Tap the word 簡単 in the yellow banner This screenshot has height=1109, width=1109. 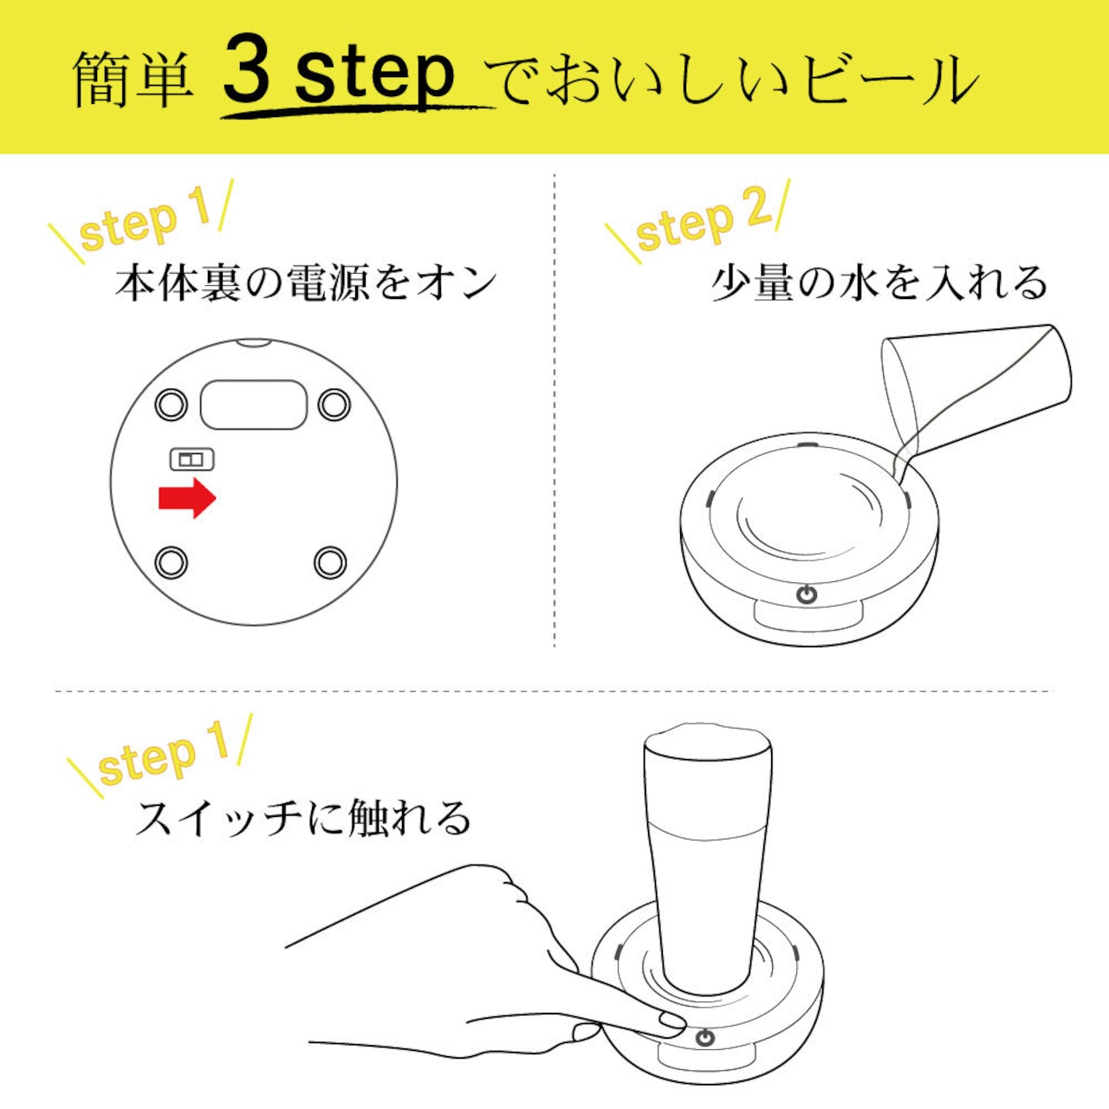pos(133,80)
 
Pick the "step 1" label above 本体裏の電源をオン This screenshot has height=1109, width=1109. pos(146,222)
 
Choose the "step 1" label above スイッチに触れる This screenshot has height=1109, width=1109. pos(160,755)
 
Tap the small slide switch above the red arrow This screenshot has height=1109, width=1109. pos(191,460)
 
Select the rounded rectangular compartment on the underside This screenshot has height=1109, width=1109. pos(254,404)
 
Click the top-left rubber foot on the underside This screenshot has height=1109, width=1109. pos(171,405)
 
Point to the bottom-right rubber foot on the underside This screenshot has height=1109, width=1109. pos(330,562)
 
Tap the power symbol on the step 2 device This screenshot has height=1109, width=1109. pos(807,594)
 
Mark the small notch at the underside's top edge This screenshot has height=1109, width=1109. pos(253,343)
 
